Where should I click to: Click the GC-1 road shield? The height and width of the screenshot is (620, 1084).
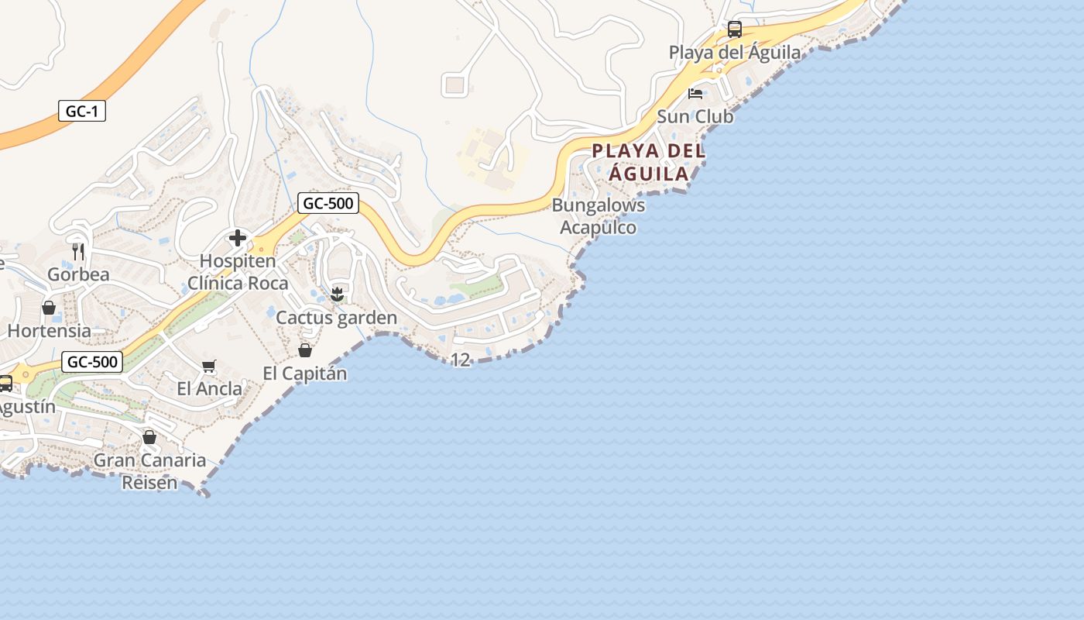[x=82, y=111]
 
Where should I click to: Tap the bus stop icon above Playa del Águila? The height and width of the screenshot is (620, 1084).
[x=734, y=29]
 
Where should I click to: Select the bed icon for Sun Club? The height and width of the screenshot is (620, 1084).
[x=695, y=94]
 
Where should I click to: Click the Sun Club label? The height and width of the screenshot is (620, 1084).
[x=695, y=116]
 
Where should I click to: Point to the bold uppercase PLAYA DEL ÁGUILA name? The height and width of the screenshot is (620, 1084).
[x=649, y=162]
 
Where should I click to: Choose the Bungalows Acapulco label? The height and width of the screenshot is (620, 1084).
[x=598, y=216]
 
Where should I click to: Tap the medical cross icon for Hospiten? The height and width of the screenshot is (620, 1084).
[x=238, y=238]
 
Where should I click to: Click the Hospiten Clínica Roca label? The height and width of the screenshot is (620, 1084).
[x=238, y=272]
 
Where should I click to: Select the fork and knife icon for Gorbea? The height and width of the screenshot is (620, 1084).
[x=78, y=251]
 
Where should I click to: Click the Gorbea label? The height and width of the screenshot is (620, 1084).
[x=78, y=274]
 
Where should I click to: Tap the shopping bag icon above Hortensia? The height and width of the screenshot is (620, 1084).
[x=49, y=308]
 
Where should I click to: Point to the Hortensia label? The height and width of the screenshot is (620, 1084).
[x=49, y=330]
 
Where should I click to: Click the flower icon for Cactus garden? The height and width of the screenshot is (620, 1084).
[x=337, y=294]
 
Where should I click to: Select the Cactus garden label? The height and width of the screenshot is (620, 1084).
[x=337, y=318]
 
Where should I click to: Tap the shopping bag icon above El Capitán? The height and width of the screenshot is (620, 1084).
[x=305, y=350]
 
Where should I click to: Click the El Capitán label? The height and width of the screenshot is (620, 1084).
[x=305, y=374]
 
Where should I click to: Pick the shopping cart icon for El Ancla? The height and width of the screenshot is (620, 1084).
[x=208, y=366]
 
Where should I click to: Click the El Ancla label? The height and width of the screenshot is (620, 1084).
[x=209, y=388]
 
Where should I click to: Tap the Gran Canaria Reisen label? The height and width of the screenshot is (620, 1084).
[x=149, y=471]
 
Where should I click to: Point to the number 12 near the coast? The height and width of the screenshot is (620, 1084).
[x=460, y=360]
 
